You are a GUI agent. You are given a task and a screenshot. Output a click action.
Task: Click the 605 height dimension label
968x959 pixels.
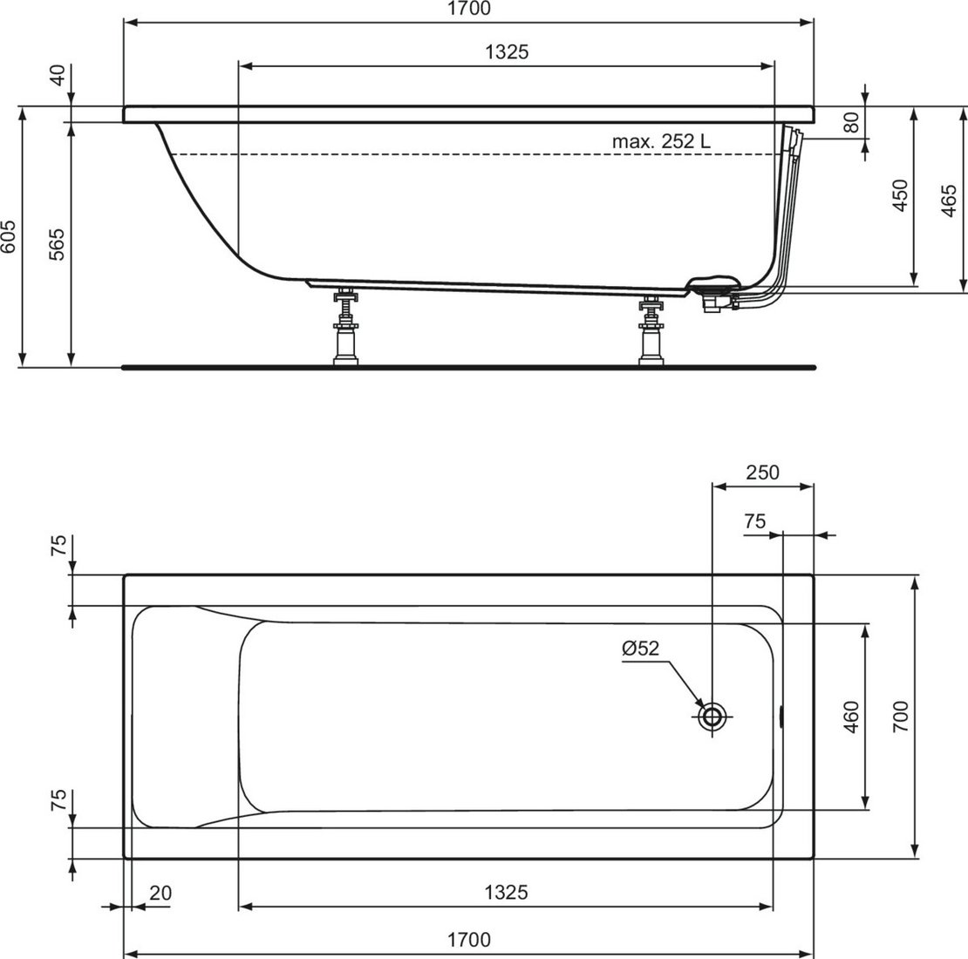[8, 236]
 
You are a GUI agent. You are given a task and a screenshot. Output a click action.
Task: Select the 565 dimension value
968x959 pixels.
[56, 244]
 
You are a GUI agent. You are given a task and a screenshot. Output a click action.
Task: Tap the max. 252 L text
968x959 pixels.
[661, 141]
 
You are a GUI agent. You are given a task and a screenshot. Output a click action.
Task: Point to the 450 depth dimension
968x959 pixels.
[901, 195]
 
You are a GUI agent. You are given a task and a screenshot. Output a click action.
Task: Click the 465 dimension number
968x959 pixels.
[949, 200]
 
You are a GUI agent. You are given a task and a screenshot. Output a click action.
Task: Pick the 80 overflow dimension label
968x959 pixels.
[851, 122]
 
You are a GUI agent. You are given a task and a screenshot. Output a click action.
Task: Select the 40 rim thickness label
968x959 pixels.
[58, 75]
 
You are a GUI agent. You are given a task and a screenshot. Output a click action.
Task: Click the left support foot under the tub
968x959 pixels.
[345, 326]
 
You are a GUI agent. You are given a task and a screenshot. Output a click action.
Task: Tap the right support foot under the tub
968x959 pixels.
[651, 330]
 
